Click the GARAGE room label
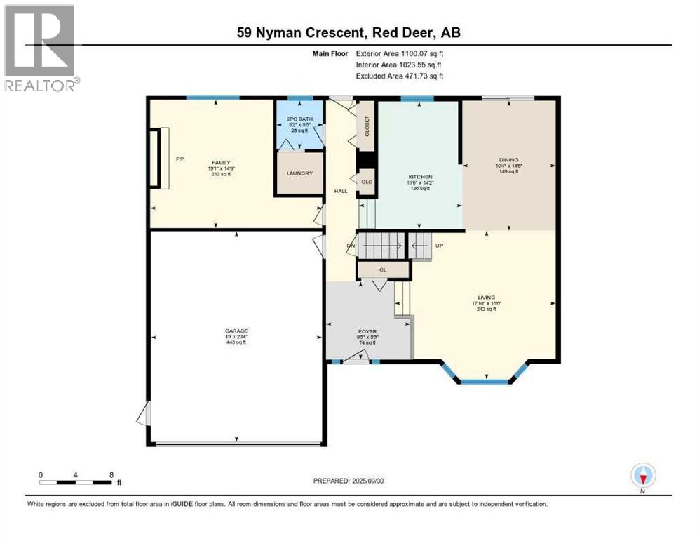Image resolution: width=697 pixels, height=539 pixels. click(236, 331)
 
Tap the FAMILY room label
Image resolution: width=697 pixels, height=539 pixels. click(222, 162)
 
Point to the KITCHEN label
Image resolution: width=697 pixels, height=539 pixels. click(421, 177)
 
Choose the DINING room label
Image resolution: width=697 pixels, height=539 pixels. click(508, 159)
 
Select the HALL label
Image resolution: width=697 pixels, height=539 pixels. click(341, 191)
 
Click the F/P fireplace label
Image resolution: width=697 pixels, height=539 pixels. click(180, 159)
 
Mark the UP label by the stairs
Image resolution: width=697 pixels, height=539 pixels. click(440, 246)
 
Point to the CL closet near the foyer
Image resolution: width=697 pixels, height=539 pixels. click(383, 269)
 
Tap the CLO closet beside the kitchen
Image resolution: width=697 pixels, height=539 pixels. click(367, 182)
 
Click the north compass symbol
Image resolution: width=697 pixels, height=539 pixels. click(642, 477)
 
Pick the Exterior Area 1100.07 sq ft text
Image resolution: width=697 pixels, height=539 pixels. click(400, 53)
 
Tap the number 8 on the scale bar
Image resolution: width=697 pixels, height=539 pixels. click(111, 474)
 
